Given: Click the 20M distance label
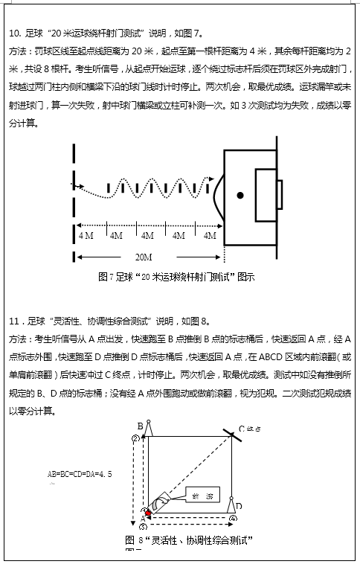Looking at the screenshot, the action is coord(144,257).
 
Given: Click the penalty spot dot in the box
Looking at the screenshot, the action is coord(240,196).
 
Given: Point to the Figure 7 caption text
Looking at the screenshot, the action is coord(176,277).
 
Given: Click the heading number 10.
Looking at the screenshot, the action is coord(13,33).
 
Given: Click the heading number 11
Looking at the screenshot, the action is coord(13,322).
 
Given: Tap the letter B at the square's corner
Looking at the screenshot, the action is coord(139,425).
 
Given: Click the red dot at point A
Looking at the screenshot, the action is coord(147,513).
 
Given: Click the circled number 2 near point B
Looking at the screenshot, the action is coord(135,438).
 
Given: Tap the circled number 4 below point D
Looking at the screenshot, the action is coord(233,518).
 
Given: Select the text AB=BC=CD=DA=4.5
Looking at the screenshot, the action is coord(80,473).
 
